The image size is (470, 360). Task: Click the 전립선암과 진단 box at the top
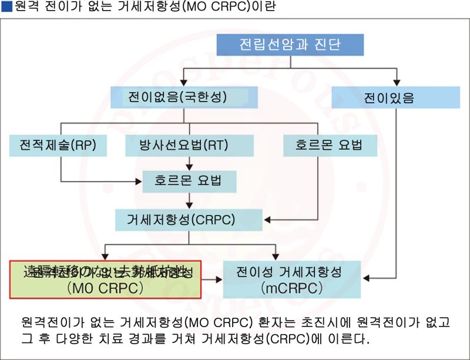click(290, 45)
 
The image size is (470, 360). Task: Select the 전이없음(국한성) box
click(177, 97)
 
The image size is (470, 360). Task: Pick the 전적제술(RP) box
click(58, 145)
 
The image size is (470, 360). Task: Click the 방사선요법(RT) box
click(189, 145)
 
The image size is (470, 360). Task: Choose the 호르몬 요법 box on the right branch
click(330, 145)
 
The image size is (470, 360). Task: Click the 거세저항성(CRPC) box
click(189, 220)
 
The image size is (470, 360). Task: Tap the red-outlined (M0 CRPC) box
click(106, 280)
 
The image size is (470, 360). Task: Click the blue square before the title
click(6, 7)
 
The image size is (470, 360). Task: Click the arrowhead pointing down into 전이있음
click(397, 80)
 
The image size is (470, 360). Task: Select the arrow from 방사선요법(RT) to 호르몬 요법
click(189, 163)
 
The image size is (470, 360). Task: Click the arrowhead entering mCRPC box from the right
click(362, 280)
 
